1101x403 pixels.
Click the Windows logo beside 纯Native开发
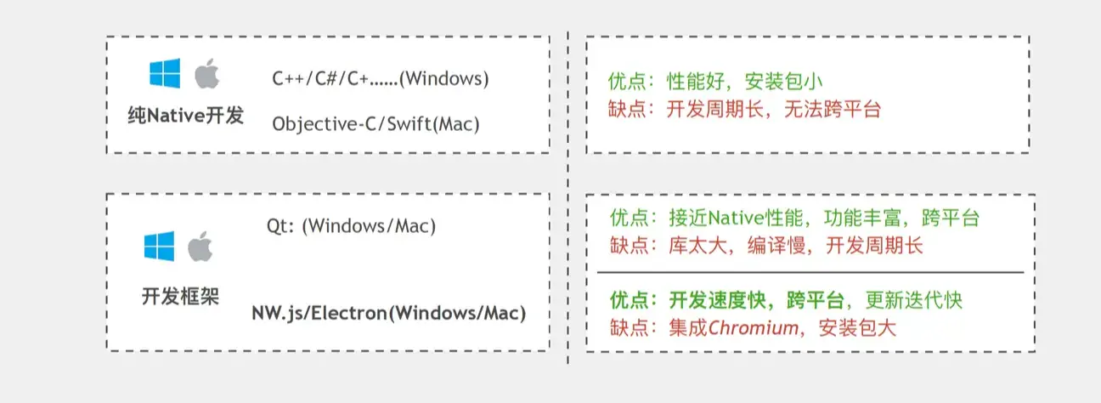(x=165, y=74)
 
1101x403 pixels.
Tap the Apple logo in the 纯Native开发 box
(x=206, y=74)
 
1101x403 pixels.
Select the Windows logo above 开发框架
(x=159, y=246)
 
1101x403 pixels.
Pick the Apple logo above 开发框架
(x=200, y=246)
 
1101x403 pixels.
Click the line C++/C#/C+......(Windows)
(x=381, y=79)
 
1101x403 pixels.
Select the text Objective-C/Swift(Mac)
(x=375, y=123)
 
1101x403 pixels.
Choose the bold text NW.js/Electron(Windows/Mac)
(x=388, y=312)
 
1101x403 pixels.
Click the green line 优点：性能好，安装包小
(x=715, y=82)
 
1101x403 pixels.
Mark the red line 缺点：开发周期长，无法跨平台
(x=745, y=109)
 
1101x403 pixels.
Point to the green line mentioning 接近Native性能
(x=794, y=218)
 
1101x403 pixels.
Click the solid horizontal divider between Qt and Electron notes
(x=810, y=273)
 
